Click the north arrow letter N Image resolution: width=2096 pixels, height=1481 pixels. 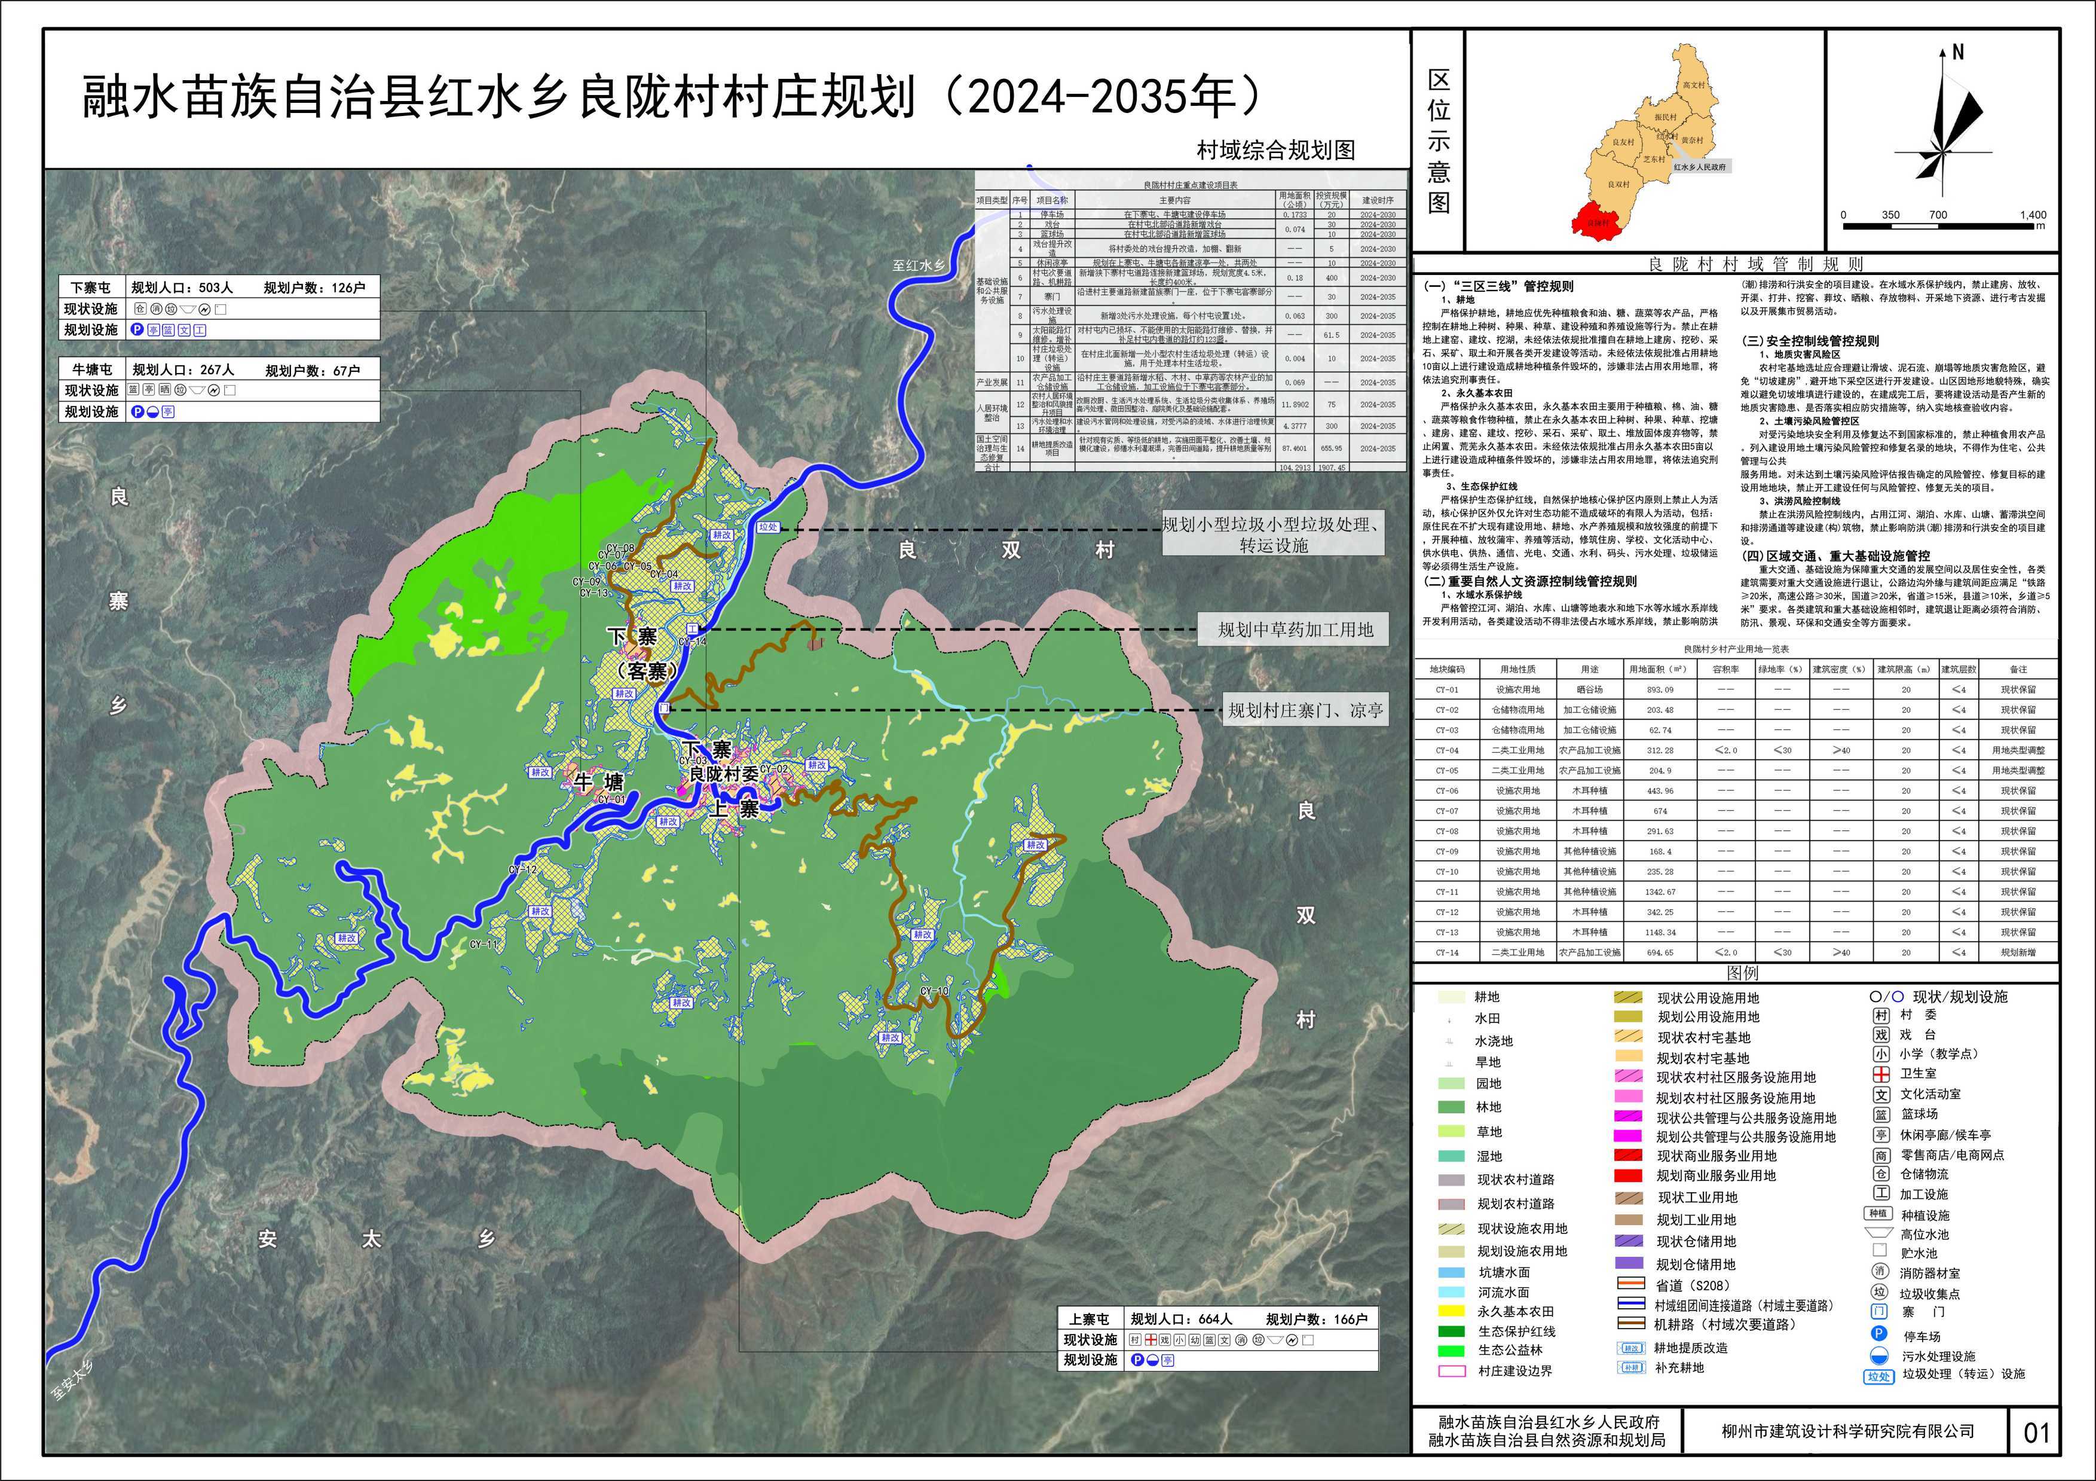point(1957,53)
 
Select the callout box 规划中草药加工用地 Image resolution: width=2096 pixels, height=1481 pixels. point(1295,630)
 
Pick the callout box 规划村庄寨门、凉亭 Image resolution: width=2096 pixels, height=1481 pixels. point(1305,710)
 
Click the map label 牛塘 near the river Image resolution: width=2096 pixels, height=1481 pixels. point(600,783)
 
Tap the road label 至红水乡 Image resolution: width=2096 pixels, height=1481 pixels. point(919,265)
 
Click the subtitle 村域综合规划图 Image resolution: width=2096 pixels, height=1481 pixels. point(1275,151)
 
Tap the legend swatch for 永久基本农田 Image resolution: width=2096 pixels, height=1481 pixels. point(1451,1311)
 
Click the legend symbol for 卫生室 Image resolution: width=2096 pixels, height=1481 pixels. point(1881,1074)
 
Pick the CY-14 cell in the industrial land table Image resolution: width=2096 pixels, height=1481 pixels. point(1446,952)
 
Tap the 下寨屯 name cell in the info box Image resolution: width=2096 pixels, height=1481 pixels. point(91,288)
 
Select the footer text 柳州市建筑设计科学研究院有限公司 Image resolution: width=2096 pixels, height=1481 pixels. point(1848,1431)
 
